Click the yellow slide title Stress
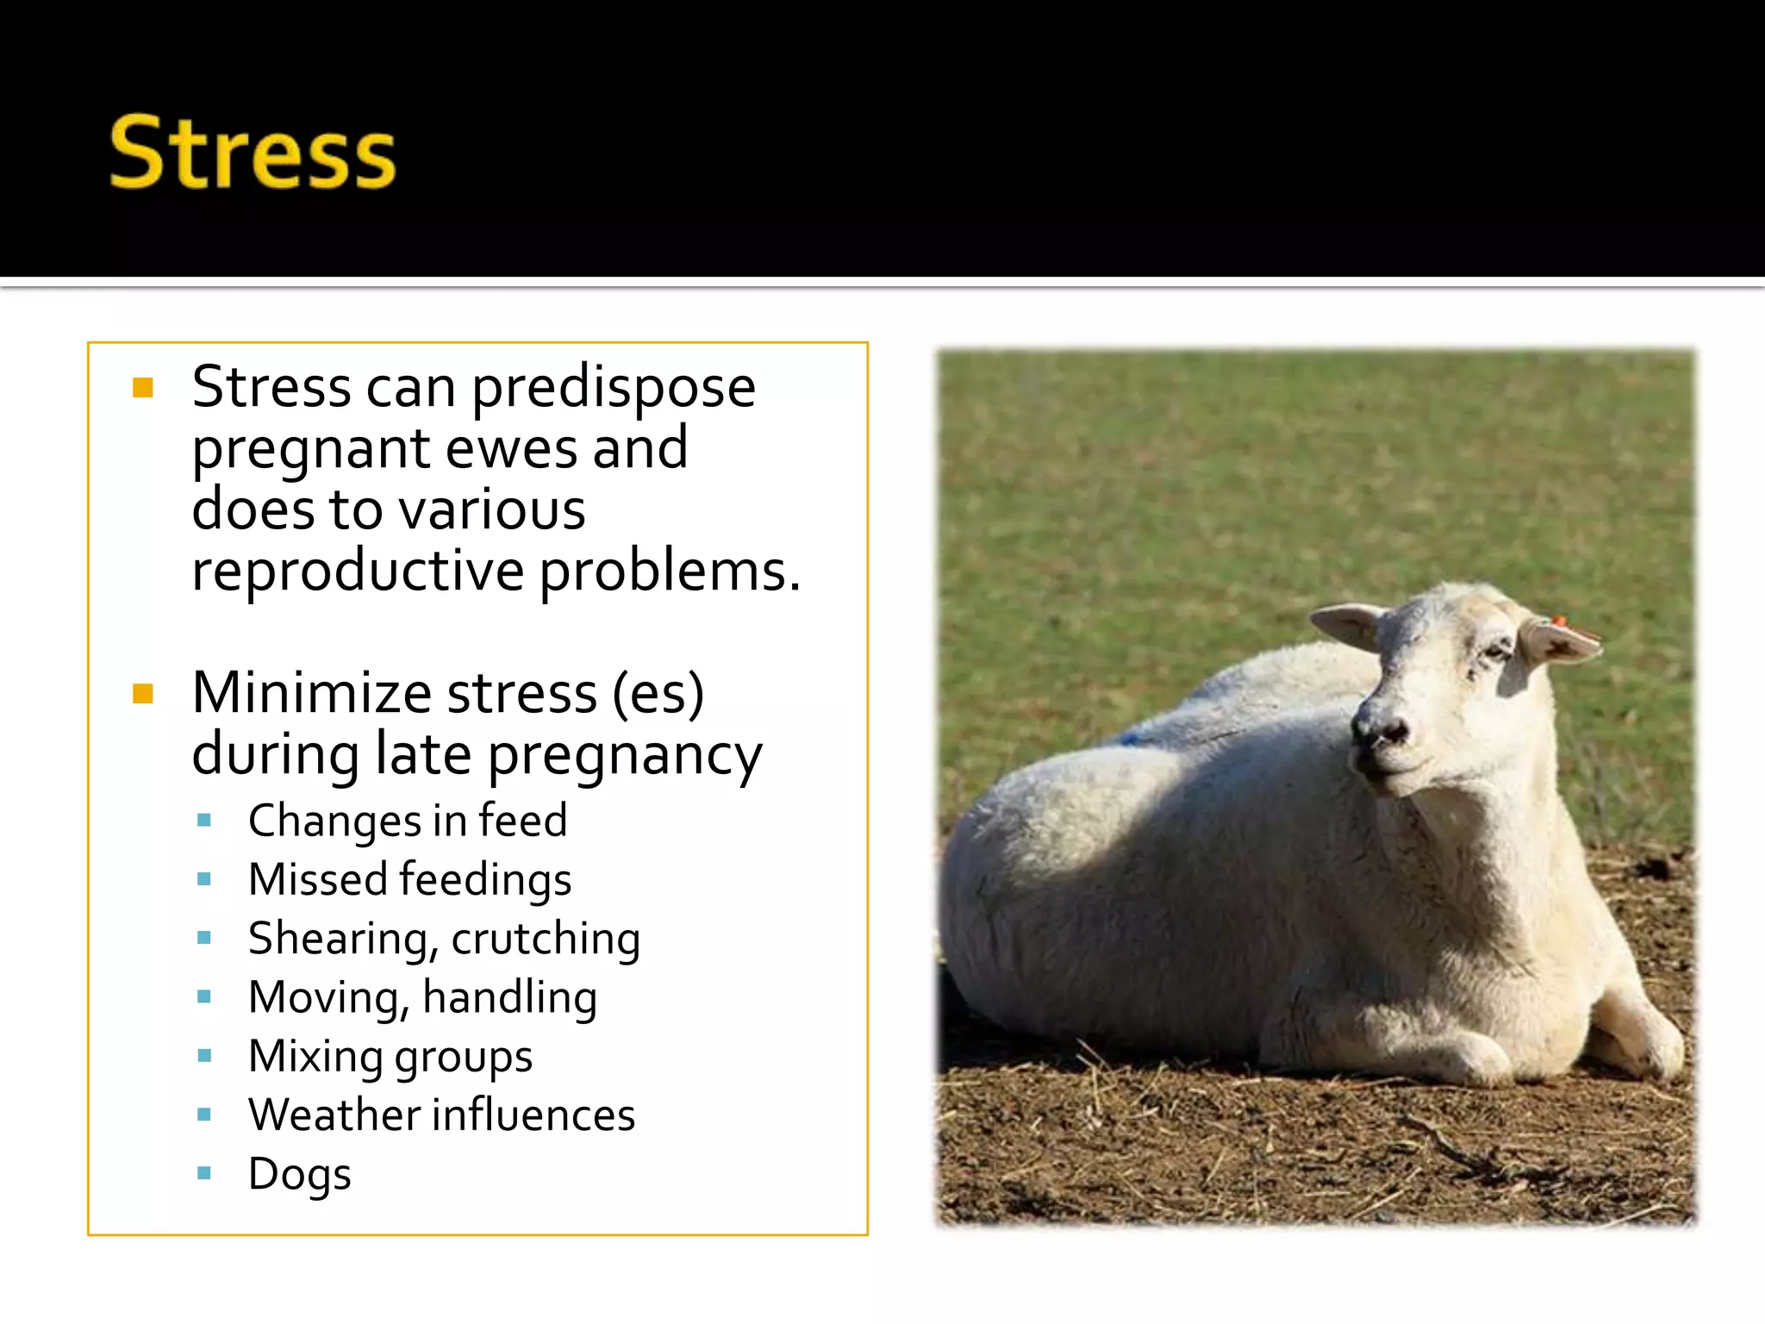click(x=253, y=153)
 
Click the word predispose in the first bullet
click(x=614, y=388)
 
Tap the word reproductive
click(x=358, y=571)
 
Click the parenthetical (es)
click(x=658, y=693)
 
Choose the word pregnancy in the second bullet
click(x=625, y=755)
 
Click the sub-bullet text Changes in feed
click(x=408, y=820)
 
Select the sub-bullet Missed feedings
click(x=409, y=879)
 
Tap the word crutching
click(x=546, y=939)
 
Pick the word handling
click(x=509, y=997)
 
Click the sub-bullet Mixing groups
click(x=390, y=1057)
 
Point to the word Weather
click(x=334, y=1115)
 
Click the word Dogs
click(x=300, y=1174)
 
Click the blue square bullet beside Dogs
click(x=204, y=1172)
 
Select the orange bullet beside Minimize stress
click(x=143, y=694)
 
